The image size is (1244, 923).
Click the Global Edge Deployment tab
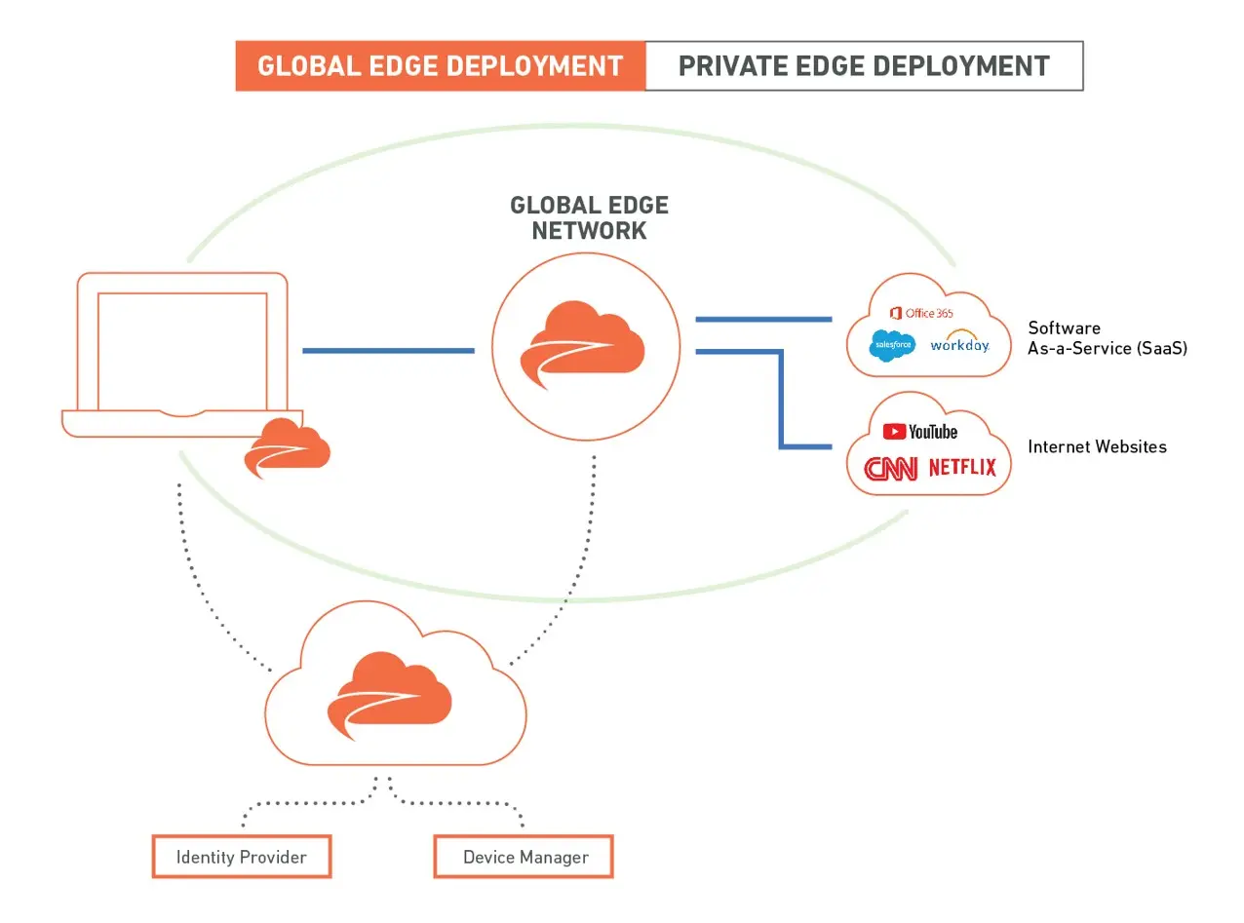pyautogui.click(x=440, y=66)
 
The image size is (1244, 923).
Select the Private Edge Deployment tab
pyautogui.click(x=864, y=66)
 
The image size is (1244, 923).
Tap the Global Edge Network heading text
pyautogui.click(x=589, y=218)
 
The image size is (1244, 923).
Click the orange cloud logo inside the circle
pyautogui.click(x=587, y=346)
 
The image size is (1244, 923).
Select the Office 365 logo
pyautogui.click(x=921, y=313)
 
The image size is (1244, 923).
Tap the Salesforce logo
pyautogui.click(x=892, y=345)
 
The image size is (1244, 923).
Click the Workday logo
pyautogui.click(x=959, y=343)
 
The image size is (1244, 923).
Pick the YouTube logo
pyautogui.click(x=920, y=431)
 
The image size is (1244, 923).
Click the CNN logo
pyautogui.click(x=891, y=469)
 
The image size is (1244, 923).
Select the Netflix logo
pyautogui.click(x=962, y=468)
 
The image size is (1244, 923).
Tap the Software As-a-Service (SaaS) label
pyautogui.click(x=1107, y=338)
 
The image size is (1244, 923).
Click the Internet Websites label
pyautogui.click(x=1097, y=447)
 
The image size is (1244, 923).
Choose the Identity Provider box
pyautogui.click(x=242, y=857)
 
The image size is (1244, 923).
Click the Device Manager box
pyautogui.click(x=525, y=857)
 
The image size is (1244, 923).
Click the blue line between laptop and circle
pyautogui.click(x=388, y=351)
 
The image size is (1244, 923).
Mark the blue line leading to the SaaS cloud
pyautogui.click(x=762, y=319)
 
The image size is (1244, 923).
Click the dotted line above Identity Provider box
pyautogui.click(x=302, y=804)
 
